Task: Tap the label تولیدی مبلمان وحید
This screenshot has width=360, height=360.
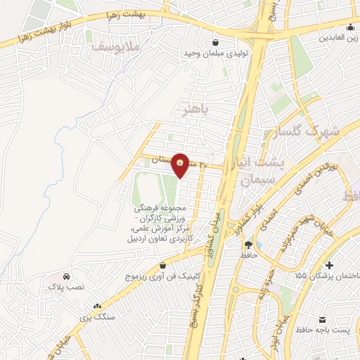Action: [x=213, y=53]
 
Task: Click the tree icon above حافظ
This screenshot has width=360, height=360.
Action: [x=248, y=244]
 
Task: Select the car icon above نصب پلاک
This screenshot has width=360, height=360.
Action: [x=65, y=277]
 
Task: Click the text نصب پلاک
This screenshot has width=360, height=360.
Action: [x=65, y=288]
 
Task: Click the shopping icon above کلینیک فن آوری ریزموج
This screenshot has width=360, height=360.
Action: [x=164, y=266]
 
